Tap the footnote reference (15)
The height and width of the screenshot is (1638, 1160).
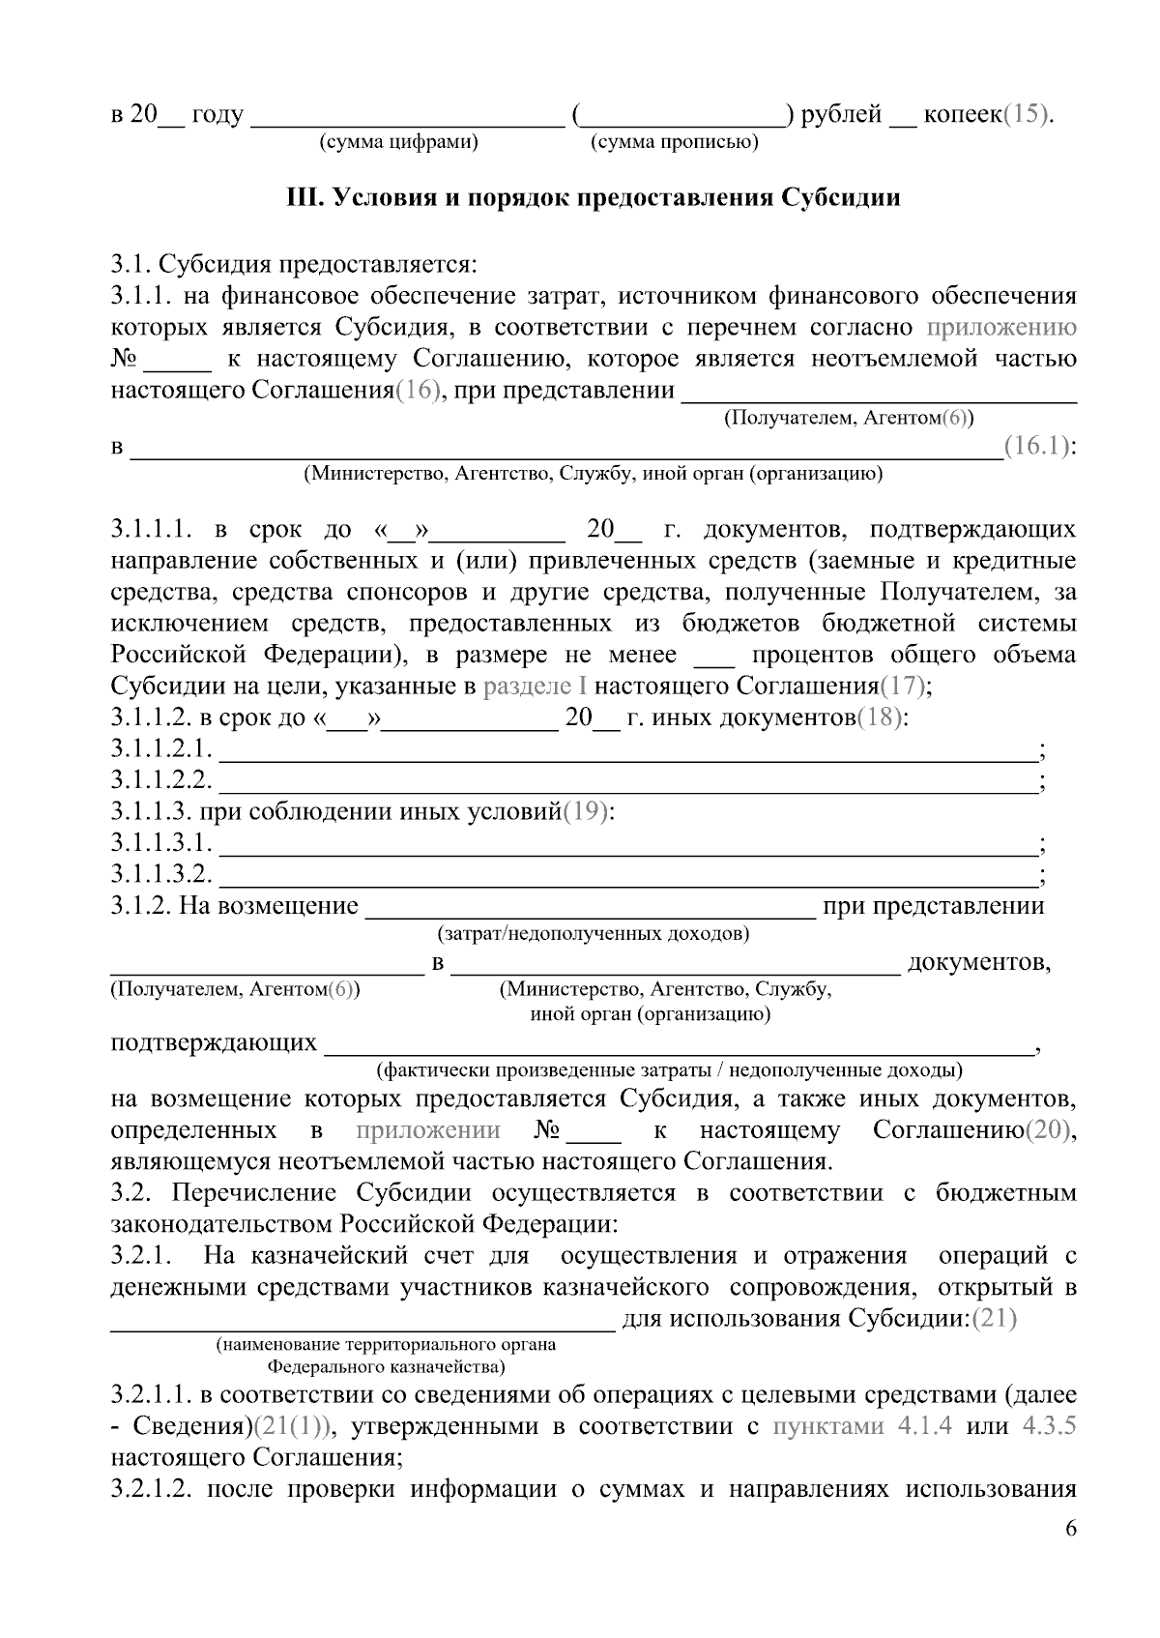1024,114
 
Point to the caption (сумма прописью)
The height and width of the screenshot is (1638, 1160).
674,143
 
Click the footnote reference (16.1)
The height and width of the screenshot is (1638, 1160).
1036,446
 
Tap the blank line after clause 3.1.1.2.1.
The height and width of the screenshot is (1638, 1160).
628,749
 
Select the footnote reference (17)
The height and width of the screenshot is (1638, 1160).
901,686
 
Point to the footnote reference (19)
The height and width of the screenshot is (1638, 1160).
586,811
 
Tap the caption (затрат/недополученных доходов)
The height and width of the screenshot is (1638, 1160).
593,934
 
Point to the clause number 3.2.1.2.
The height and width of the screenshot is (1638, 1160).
156,1489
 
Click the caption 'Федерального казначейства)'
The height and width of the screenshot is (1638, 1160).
386,1367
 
